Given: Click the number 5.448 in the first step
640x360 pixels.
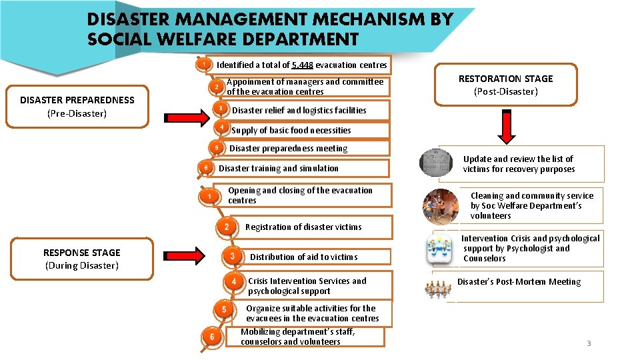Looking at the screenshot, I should tap(303, 65).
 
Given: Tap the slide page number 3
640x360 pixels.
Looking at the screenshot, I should tap(588, 343).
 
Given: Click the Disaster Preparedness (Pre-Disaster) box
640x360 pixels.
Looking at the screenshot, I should tap(77, 107).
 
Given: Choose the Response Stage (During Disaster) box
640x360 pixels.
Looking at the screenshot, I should tap(82, 259).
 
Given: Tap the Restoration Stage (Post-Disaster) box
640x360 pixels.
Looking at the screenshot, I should tap(505, 85).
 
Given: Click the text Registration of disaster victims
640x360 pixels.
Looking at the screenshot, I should tap(303, 227).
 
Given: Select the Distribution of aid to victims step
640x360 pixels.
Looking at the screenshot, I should tap(303, 257).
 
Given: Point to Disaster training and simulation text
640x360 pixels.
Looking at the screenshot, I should tap(279, 169).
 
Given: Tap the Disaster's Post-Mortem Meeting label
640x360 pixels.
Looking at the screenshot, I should tap(519, 282).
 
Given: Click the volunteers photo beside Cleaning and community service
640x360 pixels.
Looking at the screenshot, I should tap(440, 205).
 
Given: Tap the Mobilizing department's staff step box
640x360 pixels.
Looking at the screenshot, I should tap(297, 337).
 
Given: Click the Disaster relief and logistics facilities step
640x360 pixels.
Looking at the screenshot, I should tap(299, 111).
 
